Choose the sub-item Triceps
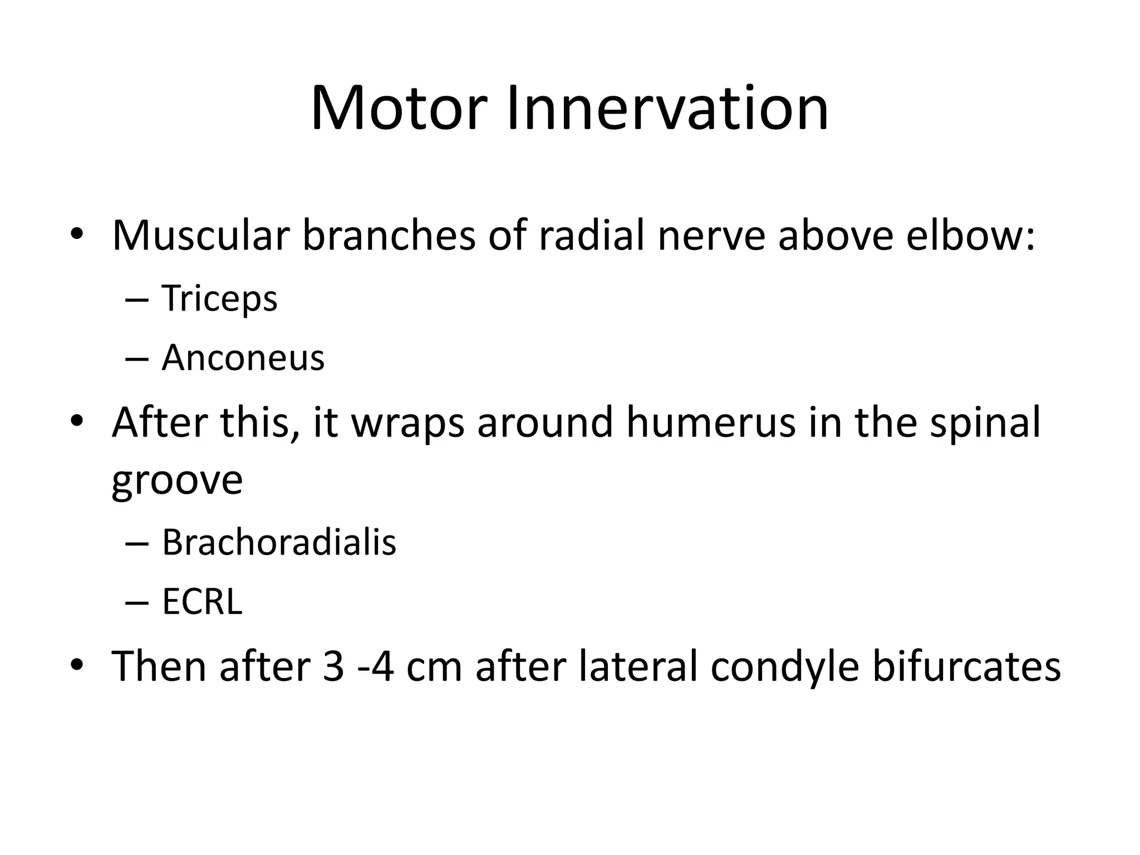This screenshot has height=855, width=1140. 219,299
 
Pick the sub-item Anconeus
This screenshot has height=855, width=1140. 243,358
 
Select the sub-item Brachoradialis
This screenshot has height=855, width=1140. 279,542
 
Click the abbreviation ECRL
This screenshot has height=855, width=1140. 202,602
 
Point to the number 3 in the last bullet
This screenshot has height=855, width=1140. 333,666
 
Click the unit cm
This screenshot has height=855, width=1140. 435,667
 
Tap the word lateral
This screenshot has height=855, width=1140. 638,666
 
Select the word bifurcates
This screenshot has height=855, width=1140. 966,666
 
